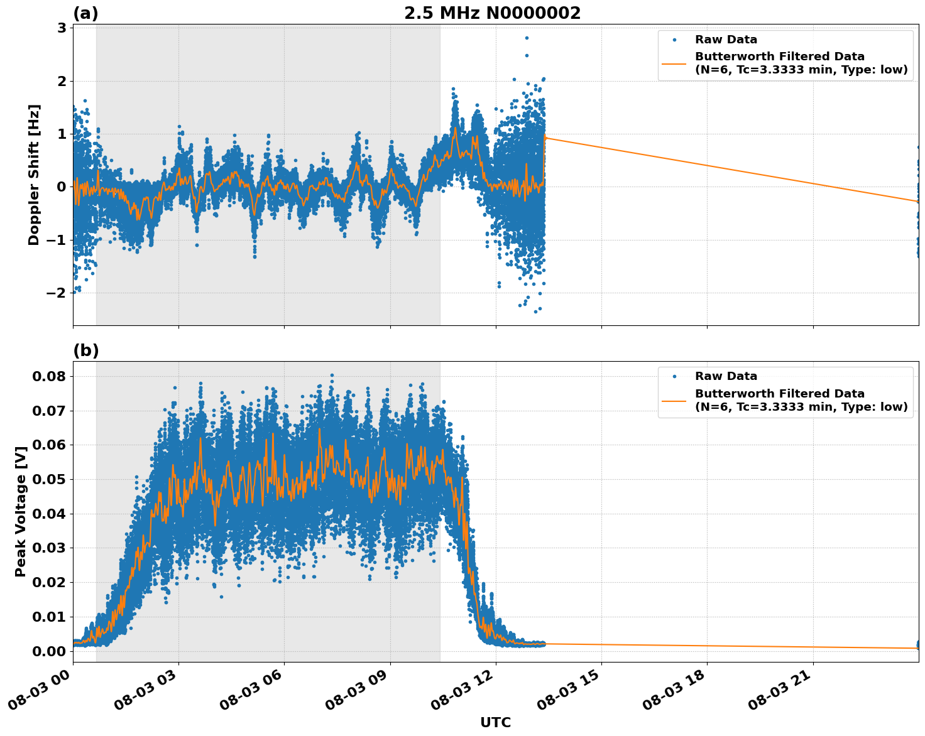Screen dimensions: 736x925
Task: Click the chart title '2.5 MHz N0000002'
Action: (492, 13)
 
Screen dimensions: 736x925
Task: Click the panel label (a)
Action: (85, 13)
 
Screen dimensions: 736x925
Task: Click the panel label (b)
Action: (85, 350)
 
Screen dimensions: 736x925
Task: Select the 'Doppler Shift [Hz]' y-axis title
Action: (34, 175)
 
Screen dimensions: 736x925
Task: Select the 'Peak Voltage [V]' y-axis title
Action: (21, 512)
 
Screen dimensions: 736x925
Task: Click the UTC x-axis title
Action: (495, 722)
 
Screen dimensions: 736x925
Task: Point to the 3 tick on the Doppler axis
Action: (62, 28)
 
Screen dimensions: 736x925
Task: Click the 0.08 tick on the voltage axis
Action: (49, 377)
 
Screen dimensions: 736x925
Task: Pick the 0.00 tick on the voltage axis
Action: (49, 651)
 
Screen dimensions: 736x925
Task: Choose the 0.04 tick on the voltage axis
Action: (49, 514)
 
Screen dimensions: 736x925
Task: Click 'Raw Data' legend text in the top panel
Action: (726, 40)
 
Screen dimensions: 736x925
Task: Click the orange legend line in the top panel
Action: (674, 63)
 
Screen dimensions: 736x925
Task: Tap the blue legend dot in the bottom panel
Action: (674, 377)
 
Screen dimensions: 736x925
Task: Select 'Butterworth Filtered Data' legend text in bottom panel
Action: (779, 394)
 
